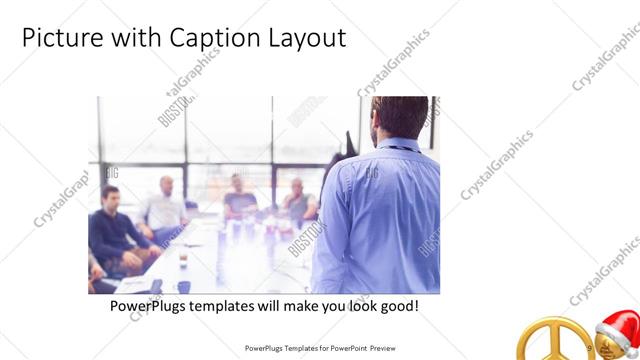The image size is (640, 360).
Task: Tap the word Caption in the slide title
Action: click(x=203, y=38)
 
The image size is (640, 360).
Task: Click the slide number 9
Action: click(x=590, y=348)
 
